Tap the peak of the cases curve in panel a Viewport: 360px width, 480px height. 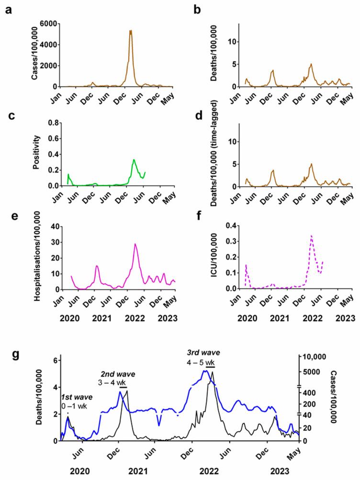(x=130, y=31)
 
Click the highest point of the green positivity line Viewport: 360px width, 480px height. (x=135, y=160)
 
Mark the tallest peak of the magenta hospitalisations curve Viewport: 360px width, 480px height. (x=135, y=244)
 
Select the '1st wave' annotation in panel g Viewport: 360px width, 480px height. (x=76, y=398)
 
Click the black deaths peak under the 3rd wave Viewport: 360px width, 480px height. (x=212, y=372)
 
